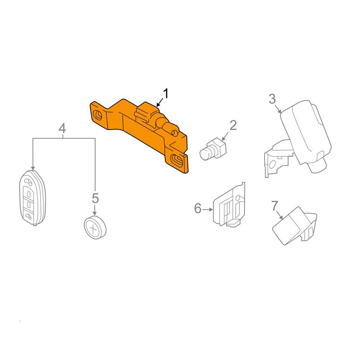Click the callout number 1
click(x=166, y=94)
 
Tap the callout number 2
click(x=233, y=126)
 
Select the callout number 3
click(x=272, y=99)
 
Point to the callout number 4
click(x=62, y=128)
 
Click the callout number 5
click(x=95, y=198)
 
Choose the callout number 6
click(x=198, y=208)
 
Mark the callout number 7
click(x=275, y=206)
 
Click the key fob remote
click(x=32, y=198)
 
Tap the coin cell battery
click(x=95, y=227)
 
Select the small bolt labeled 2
click(x=213, y=149)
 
